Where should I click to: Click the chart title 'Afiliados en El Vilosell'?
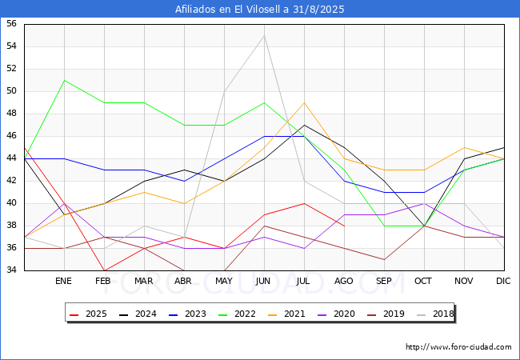coord(260,10)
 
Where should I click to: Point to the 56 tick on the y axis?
coord(11,24)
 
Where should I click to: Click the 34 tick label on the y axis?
coord(11,270)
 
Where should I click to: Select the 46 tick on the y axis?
coord(11,136)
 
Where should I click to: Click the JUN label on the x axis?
coord(263,282)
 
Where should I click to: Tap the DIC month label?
coord(503,282)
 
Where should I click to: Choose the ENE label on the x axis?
coord(64,282)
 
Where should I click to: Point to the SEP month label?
coord(384,282)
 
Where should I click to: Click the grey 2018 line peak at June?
coord(264,36)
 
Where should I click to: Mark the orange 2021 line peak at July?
coord(304,102)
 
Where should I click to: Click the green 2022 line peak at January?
coord(64,80)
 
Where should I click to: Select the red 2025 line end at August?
coord(344,226)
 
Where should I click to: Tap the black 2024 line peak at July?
coord(304,125)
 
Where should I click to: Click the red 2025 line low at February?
coord(104,270)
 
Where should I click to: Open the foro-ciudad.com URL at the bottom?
coord(458,347)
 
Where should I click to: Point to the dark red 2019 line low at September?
coord(384,259)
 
